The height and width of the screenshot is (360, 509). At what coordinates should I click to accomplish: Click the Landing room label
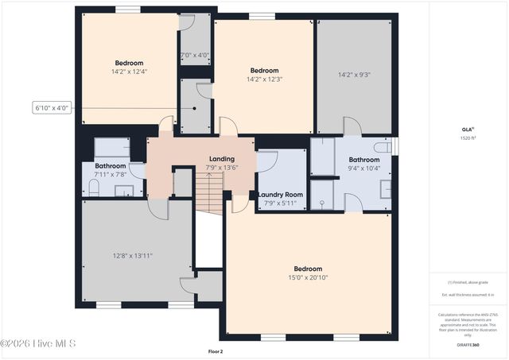(x=221, y=159)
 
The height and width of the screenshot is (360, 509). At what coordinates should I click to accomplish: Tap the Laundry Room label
(x=280, y=195)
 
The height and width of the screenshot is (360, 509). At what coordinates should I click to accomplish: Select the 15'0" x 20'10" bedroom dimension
(x=308, y=277)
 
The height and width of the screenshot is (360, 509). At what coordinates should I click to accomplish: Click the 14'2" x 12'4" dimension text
(x=129, y=72)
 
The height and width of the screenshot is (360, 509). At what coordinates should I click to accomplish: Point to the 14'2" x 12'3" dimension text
(x=265, y=79)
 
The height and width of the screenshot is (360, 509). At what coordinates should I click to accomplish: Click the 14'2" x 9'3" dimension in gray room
(x=354, y=75)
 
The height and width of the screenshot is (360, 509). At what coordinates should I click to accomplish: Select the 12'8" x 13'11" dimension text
(x=132, y=255)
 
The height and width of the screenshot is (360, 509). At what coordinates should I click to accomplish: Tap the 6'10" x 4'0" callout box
(x=52, y=107)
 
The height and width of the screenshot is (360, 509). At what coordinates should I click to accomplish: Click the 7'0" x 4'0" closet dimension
(x=195, y=55)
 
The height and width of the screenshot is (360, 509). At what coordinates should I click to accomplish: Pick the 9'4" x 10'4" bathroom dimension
(x=364, y=168)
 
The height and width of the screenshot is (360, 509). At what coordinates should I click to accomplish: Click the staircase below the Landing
(x=211, y=195)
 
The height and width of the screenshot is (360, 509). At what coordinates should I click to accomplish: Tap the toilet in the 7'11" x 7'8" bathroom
(x=93, y=188)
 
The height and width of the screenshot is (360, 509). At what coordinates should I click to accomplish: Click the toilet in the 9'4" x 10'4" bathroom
(x=383, y=148)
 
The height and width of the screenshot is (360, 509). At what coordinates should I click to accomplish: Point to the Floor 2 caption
(x=215, y=350)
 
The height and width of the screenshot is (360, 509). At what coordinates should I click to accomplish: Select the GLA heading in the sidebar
(x=467, y=129)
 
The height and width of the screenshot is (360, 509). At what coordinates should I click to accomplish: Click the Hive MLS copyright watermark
(x=38, y=343)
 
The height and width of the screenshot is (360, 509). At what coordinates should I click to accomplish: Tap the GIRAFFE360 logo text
(x=468, y=345)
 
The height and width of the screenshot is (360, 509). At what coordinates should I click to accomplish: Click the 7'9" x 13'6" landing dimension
(x=221, y=168)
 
